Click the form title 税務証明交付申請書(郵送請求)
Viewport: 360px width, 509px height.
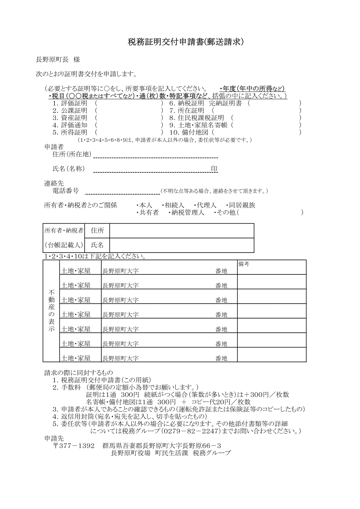(186, 42)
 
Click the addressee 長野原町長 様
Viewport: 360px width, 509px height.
(58, 59)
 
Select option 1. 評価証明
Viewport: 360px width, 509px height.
(70, 103)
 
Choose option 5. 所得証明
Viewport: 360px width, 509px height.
(70, 132)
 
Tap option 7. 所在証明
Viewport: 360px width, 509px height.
(187, 111)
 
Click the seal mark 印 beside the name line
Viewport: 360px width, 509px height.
(214, 169)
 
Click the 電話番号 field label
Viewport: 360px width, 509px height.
(66, 191)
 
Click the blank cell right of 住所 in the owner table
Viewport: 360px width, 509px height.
(182, 231)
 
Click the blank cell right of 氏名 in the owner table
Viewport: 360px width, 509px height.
(182, 245)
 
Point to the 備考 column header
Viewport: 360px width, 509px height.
(244, 264)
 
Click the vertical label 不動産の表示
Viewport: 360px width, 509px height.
(51, 311)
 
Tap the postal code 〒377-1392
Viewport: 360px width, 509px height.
(74, 446)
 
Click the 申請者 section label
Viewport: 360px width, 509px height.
(54, 147)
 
